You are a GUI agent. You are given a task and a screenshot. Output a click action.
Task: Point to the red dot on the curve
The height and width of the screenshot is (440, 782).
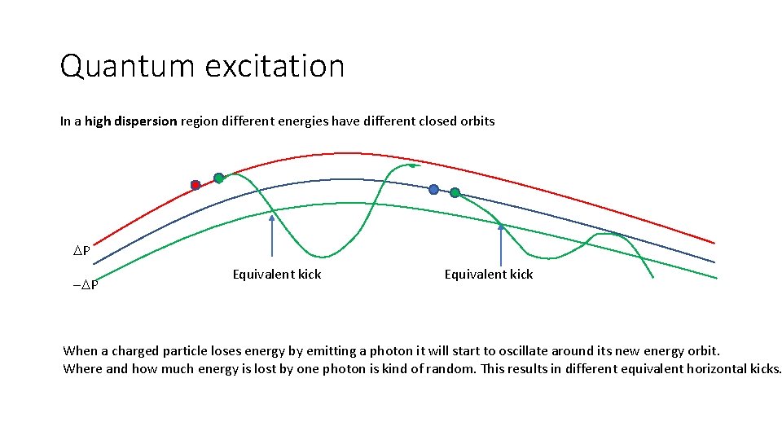pos(195,185)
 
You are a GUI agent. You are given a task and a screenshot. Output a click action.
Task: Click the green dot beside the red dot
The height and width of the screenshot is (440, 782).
pos(218,178)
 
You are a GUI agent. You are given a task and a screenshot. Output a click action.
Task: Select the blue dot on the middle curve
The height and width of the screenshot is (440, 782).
pos(433,189)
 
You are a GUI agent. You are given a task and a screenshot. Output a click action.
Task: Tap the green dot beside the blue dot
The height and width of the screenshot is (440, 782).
pos(455,193)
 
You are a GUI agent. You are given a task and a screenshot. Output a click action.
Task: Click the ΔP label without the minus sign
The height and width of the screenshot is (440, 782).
pos(82,251)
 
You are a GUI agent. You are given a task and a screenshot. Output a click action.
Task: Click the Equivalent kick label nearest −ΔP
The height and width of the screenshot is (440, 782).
pos(277,275)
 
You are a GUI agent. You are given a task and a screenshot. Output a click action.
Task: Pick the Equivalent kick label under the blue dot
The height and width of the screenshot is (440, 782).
pos(489,275)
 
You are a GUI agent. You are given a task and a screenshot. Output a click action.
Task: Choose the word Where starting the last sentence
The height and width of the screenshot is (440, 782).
pos(82,368)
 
